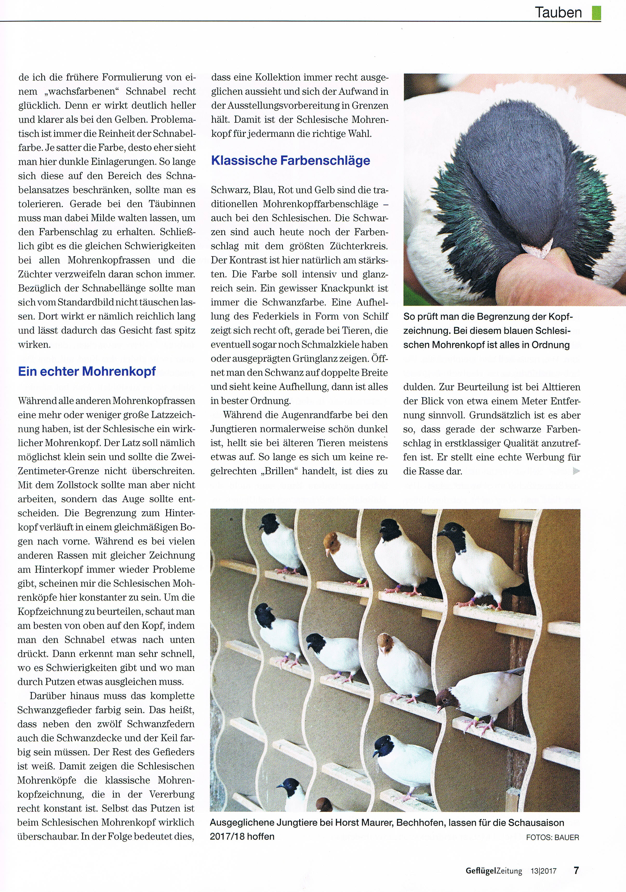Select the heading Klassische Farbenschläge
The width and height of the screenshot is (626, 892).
(290, 160)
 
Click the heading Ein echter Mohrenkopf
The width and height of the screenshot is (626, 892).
(87, 371)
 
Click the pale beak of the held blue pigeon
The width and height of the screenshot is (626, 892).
(537, 248)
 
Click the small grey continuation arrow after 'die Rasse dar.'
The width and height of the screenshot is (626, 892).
(576, 471)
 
